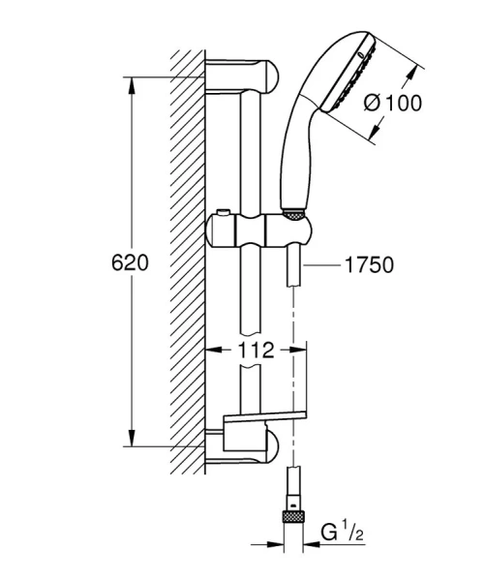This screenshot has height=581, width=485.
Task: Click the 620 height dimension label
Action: pos(129,263)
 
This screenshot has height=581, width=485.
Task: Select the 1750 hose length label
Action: pos(369,264)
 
